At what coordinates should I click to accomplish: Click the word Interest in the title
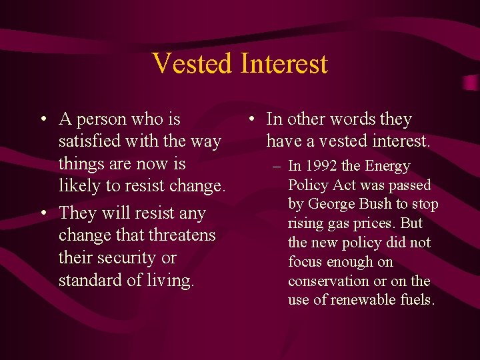tap(284, 63)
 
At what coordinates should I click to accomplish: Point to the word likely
tap(78, 187)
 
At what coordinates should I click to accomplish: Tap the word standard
tap(90, 280)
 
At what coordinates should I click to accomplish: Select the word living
tap(169, 281)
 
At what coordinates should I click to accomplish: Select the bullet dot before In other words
tap(249, 120)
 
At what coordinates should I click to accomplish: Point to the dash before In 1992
tap(276, 166)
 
